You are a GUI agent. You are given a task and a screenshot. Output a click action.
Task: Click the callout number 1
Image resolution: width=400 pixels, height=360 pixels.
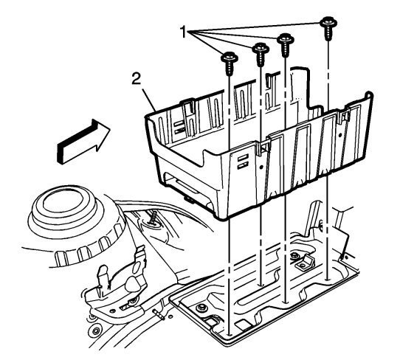184,32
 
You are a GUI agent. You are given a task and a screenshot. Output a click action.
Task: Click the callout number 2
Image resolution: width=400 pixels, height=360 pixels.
136,78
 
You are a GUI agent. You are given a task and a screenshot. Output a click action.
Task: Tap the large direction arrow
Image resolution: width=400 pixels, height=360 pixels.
83,142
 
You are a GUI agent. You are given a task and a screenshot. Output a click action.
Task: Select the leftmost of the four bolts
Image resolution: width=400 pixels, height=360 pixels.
230,63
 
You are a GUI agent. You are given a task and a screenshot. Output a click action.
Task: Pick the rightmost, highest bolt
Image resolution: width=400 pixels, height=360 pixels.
328,28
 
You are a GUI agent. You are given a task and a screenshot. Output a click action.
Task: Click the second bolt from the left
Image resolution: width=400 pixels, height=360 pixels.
261,55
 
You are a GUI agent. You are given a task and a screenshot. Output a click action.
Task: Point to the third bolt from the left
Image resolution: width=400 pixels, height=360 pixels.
286,45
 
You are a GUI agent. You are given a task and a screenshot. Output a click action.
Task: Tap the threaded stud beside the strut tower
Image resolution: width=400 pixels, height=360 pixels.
154,218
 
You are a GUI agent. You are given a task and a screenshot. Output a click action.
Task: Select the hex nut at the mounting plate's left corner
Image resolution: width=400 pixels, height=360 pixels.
201,308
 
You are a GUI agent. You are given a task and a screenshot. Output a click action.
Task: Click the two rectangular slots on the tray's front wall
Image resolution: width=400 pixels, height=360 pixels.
243,162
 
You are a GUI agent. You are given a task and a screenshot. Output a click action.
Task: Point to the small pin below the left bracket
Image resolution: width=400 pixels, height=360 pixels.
159,314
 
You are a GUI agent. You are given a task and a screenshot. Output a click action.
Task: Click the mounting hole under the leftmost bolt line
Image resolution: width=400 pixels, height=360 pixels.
230,334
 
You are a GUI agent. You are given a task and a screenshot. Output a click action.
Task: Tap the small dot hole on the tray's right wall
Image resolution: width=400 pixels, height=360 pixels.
340,136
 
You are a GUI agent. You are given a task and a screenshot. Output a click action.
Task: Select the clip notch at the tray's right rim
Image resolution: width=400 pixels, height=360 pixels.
344,115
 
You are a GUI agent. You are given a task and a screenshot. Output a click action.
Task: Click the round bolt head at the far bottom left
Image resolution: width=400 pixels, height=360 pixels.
96,331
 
